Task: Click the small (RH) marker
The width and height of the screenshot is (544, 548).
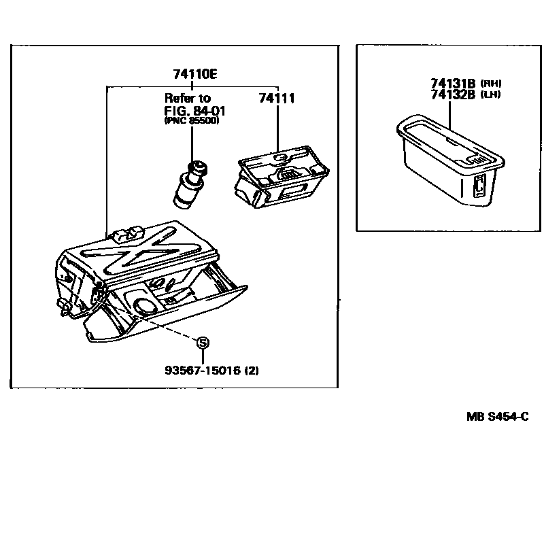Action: pos(490,83)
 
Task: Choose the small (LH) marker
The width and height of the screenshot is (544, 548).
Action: pos(490,95)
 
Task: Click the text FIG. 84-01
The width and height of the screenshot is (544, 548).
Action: pos(194,111)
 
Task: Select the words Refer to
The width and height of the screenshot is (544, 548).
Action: pos(188,99)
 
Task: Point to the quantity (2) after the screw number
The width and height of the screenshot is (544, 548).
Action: pos(252,371)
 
